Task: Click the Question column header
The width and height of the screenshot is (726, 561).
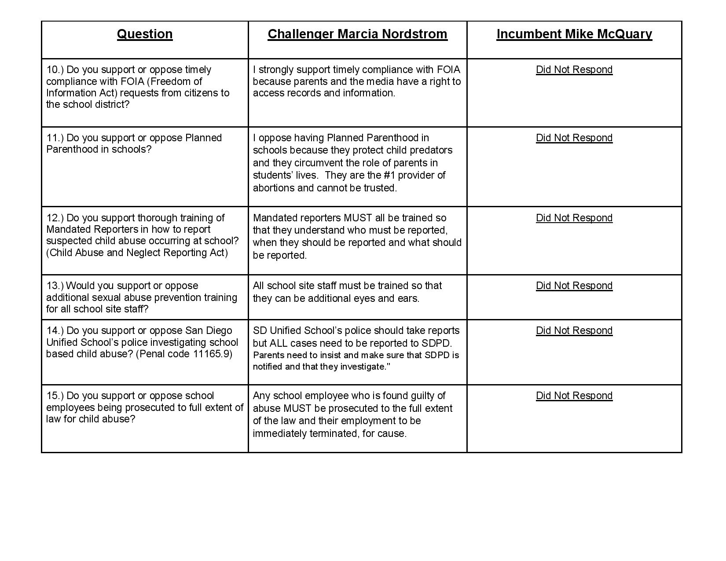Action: (144, 34)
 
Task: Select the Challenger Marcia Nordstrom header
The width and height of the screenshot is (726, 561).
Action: (357, 34)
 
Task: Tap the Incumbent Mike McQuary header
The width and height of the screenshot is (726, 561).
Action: (574, 34)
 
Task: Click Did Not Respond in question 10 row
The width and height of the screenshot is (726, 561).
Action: (574, 70)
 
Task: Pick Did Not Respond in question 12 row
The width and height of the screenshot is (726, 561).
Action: (574, 218)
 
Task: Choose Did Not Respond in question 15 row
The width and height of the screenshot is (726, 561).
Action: (574, 396)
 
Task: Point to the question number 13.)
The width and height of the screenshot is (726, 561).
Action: (55, 286)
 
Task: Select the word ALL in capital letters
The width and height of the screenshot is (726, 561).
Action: (278, 343)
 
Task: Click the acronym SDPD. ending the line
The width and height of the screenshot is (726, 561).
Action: (439, 343)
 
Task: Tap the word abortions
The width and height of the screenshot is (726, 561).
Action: (272, 188)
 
